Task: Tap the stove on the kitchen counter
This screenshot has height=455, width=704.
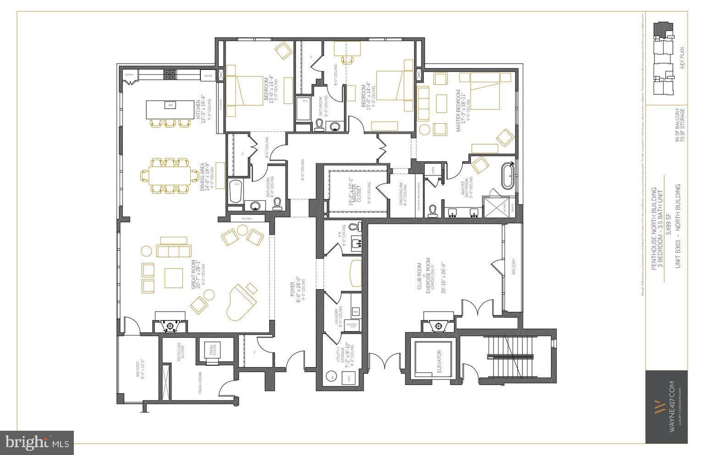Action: pyautogui.click(x=170, y=75)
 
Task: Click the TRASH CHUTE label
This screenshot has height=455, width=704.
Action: pyautogui.click(x=212, y=351)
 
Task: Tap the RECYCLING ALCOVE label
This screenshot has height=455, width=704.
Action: pyautogui.click(x=180, y=353)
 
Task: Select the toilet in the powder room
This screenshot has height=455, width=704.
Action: pyautogui.click(x=354, y=227)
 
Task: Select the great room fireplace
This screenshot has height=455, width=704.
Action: pyautogui.click(x=170, y=324)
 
